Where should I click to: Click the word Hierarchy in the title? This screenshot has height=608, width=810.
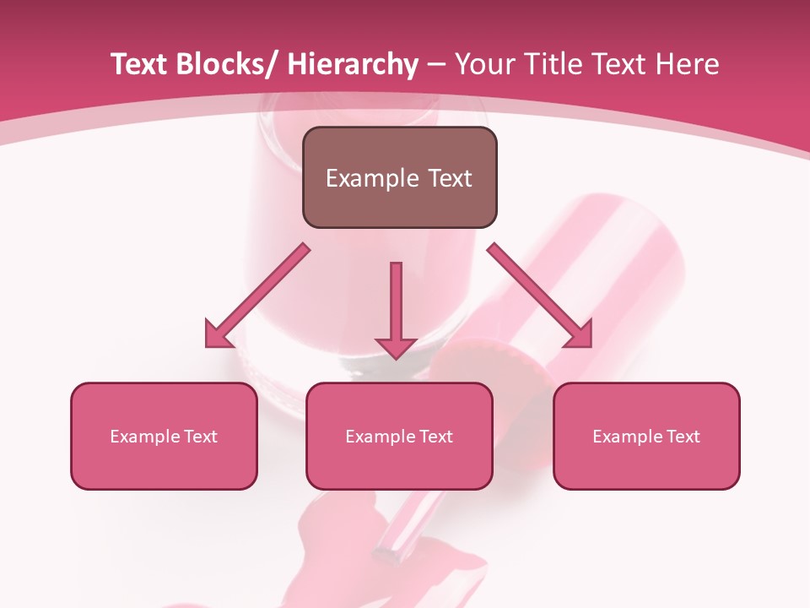352,64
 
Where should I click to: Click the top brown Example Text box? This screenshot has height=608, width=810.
399,177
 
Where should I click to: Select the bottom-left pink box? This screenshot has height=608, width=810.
164,436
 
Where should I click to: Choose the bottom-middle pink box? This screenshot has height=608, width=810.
399,436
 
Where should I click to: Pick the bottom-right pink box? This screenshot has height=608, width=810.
646,436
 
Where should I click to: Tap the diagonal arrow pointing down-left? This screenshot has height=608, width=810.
257,296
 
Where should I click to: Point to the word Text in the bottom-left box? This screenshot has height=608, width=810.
201,437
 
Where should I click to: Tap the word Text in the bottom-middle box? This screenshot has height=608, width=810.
436,437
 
